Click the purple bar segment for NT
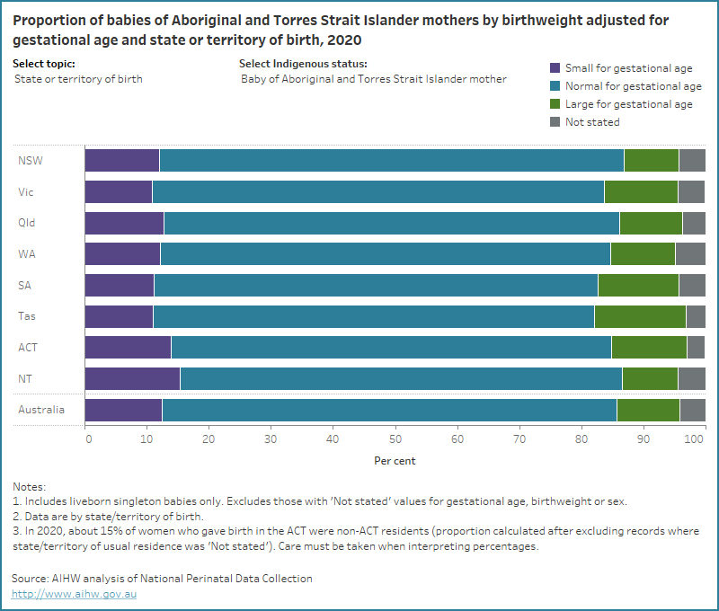132,378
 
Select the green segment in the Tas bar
640,316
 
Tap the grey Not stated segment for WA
689,254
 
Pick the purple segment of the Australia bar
123,410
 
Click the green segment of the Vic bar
641,192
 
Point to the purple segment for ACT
128,348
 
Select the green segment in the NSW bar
652,161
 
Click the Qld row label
27,223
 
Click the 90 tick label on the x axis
643,439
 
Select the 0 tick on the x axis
88,439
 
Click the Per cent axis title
395,461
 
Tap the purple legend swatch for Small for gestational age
555,68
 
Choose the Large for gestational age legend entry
628,104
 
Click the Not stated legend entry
591,122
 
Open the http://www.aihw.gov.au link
74,594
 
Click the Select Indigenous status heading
303,64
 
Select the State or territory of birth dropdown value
78,79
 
